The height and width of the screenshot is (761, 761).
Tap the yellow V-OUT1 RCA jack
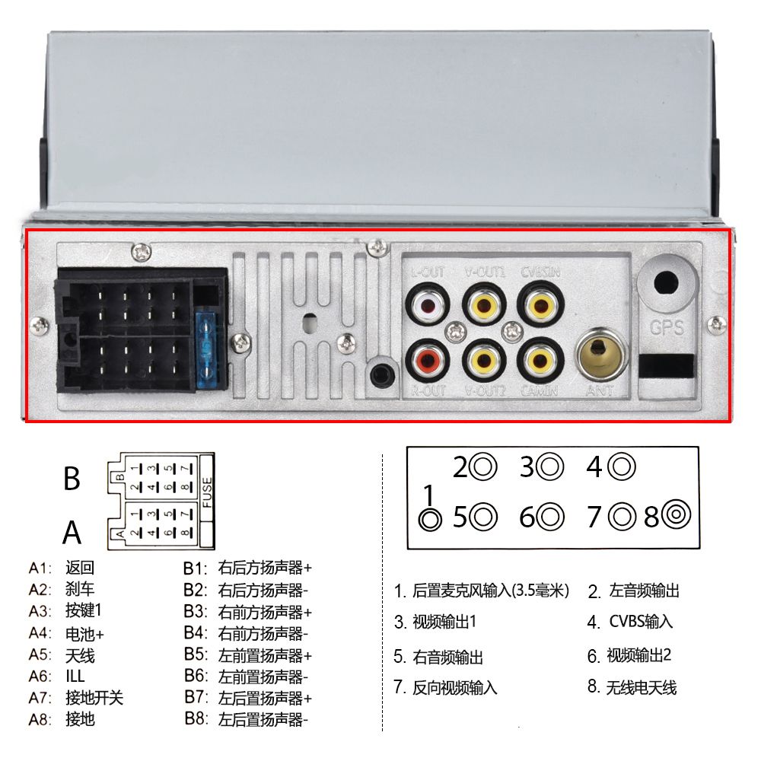[485, 307]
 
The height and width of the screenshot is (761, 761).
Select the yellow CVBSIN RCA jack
[540, 306]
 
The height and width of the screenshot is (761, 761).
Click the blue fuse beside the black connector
[208, 349]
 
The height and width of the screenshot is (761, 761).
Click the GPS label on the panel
[667, 329]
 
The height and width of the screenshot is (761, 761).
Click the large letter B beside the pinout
[72, 479]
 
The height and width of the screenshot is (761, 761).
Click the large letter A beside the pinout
[72, 532]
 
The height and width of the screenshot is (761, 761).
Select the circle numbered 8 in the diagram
[676, 516]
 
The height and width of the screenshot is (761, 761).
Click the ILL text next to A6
[76, 676]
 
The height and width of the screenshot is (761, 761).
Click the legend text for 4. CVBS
[630, 622]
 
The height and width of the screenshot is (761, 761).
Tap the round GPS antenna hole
[667, 282]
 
